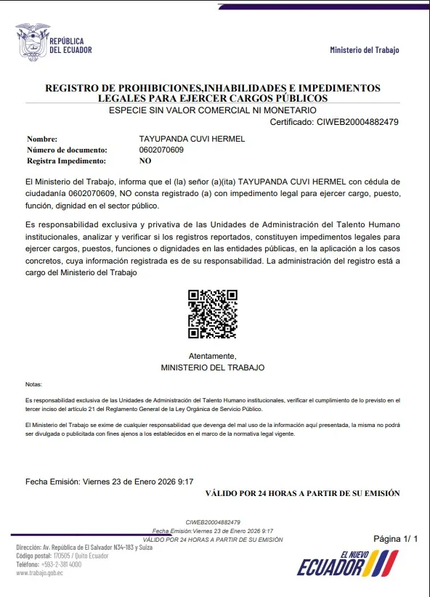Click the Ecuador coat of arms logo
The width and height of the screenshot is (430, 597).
pos(31,42)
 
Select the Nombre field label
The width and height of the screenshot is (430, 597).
pos(42,139)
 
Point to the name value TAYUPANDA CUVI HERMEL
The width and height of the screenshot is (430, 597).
pos(192,139)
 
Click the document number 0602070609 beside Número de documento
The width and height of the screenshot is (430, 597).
pos(161,150)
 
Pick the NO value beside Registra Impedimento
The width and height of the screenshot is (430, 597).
pos(145,161)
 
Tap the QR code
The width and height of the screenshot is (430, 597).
pos(212,314)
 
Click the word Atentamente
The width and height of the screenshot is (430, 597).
pos(212,356)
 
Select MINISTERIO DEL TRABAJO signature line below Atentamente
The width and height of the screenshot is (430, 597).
pos(212,367)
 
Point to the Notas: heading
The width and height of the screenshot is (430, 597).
pos(33,384)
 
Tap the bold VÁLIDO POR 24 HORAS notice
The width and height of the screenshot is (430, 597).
pos(302,493)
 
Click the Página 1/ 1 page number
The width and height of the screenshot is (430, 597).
pos(396,539)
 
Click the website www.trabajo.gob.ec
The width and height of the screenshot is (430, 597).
pos(39,572)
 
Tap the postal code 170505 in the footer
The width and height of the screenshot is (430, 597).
pos(63,556)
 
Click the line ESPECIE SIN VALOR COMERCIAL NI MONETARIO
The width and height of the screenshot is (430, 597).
pos(212,110)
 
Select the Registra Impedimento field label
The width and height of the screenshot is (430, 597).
pos(66,161)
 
